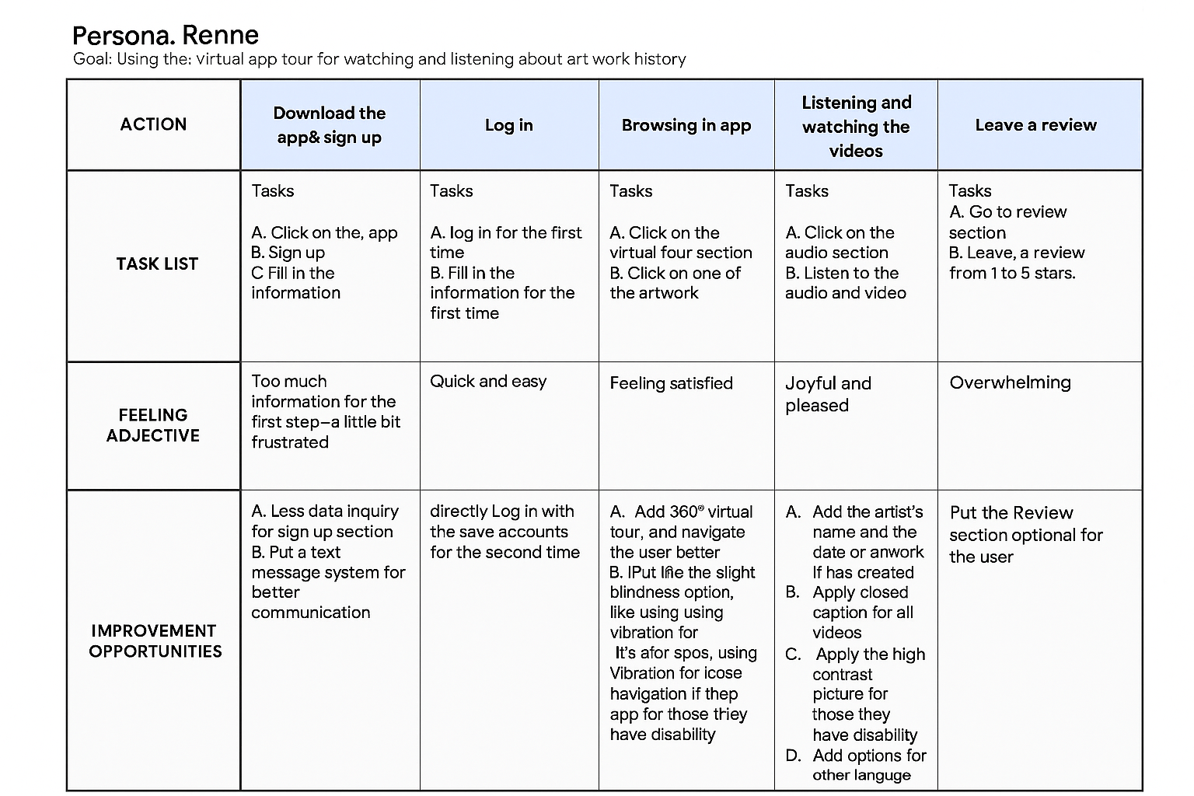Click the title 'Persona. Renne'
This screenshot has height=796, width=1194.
pyautogui.click(x=165, y=35)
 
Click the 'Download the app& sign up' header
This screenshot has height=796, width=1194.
pyautogui.click(x=330, y=125)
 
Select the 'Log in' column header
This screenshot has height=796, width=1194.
pyautogui.click(x=509, y=125)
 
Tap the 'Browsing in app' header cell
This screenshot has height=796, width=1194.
pyautogui.click(x=686, y=125)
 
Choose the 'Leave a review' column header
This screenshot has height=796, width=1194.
pyautogui.click(x=1035, y=125)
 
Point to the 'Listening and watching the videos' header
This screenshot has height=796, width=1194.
pyautogui.click(x=856, y=126)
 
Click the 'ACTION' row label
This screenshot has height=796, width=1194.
pyautogui.click(x=153, y=124)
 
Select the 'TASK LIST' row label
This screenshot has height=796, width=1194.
pyautogui.click(x=157, y=264)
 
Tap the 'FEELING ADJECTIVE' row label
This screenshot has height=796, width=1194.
pyautogui.click(x=153, y=425)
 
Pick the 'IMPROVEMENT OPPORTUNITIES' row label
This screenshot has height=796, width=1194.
pyautogui.click(x=155, y=641)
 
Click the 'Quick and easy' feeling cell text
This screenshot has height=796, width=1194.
pyautogui.click(x=488, y=382)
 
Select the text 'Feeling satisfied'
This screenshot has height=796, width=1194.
pyautogui.click(x=671, y=383)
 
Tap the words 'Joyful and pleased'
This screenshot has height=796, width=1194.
pyautogui.click(x=828, y=394)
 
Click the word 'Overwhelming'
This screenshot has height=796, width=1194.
pyautogui.click(x=1010, y=382)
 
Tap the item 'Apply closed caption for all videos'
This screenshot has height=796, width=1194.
pyautogui.click(x=862, y=613)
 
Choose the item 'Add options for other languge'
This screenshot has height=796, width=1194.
pyautogui.click(x=868, y=765)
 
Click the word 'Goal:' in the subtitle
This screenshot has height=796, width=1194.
pyautogui.click(x=93, y=60)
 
